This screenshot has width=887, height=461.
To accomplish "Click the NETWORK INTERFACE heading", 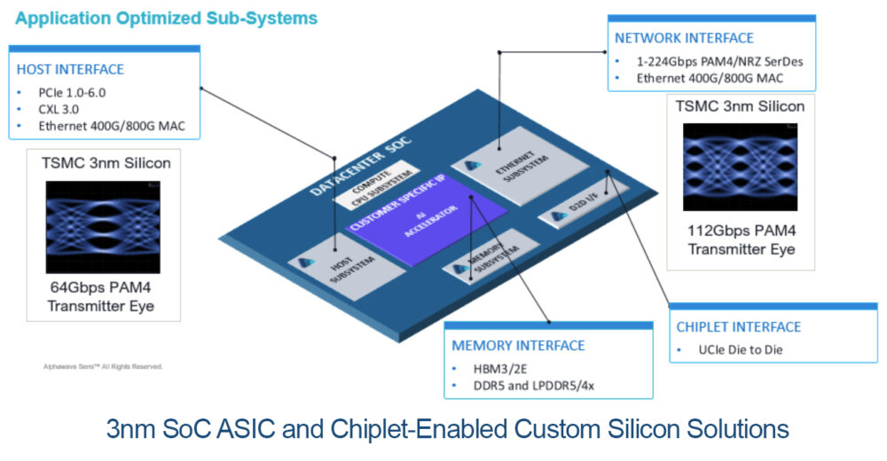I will coord(684,38).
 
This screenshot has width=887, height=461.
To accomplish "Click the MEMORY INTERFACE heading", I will coord(519,346).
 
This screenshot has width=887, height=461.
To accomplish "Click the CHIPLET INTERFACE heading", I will coord(738,327).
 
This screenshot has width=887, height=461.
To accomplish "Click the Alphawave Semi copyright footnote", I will coord(103,365).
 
